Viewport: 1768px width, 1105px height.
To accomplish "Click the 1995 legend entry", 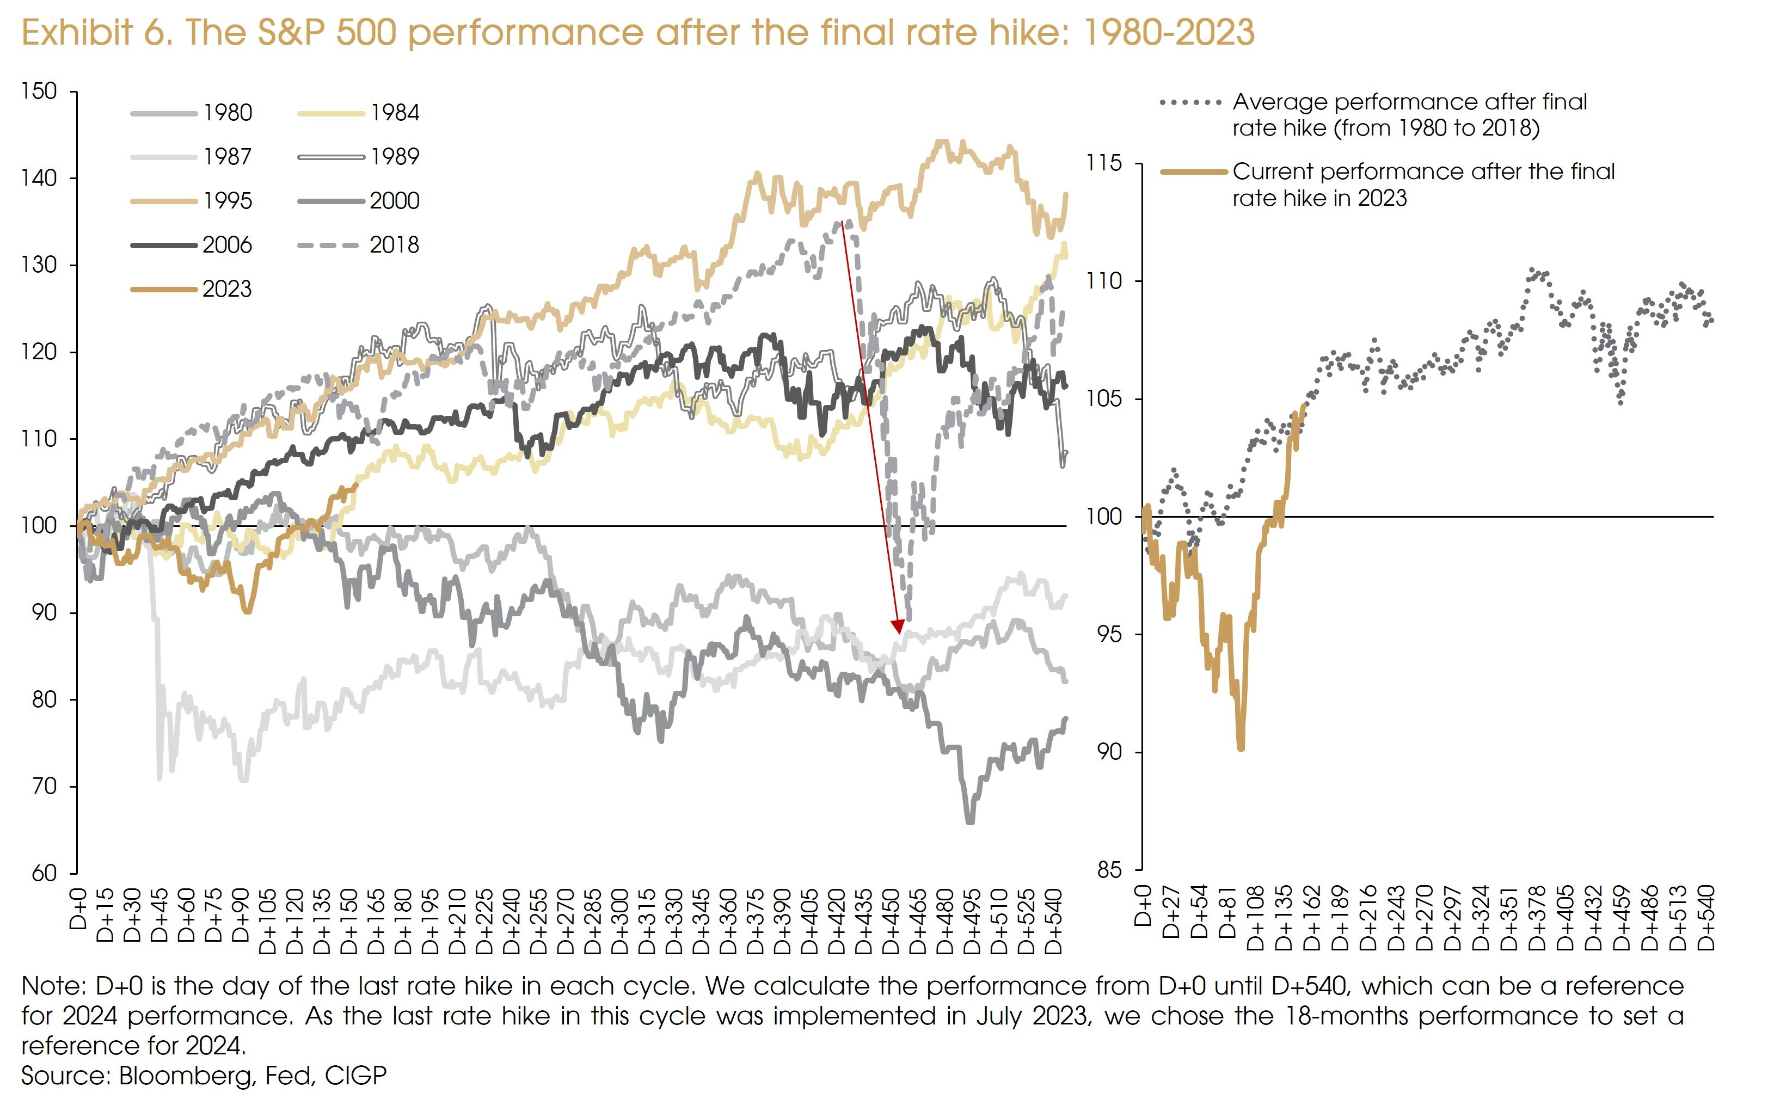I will (x=192, y=201).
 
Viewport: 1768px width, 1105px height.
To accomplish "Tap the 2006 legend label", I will (x=227, y=245).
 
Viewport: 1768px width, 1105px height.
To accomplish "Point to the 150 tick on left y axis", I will (x=39, y=91).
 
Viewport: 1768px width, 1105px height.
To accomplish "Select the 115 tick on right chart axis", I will (x=1104, y=163).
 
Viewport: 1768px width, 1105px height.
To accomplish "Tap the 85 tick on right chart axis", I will (x=1108, y=870).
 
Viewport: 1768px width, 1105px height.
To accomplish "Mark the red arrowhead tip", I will (x=899, y=633).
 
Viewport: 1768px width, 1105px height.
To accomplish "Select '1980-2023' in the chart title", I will (x=1168, y=33).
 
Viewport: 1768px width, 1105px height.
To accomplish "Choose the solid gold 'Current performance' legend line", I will (x=1194, y=173).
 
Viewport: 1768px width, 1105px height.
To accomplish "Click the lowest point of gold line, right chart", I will (x=1241, y=748).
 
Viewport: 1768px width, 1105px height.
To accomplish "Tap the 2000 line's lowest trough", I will (x=970, y=822).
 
